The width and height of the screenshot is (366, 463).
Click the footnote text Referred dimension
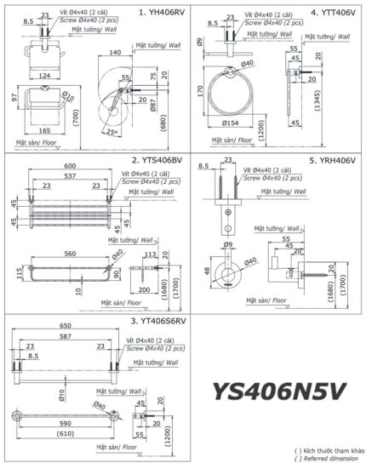[327, 458]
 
